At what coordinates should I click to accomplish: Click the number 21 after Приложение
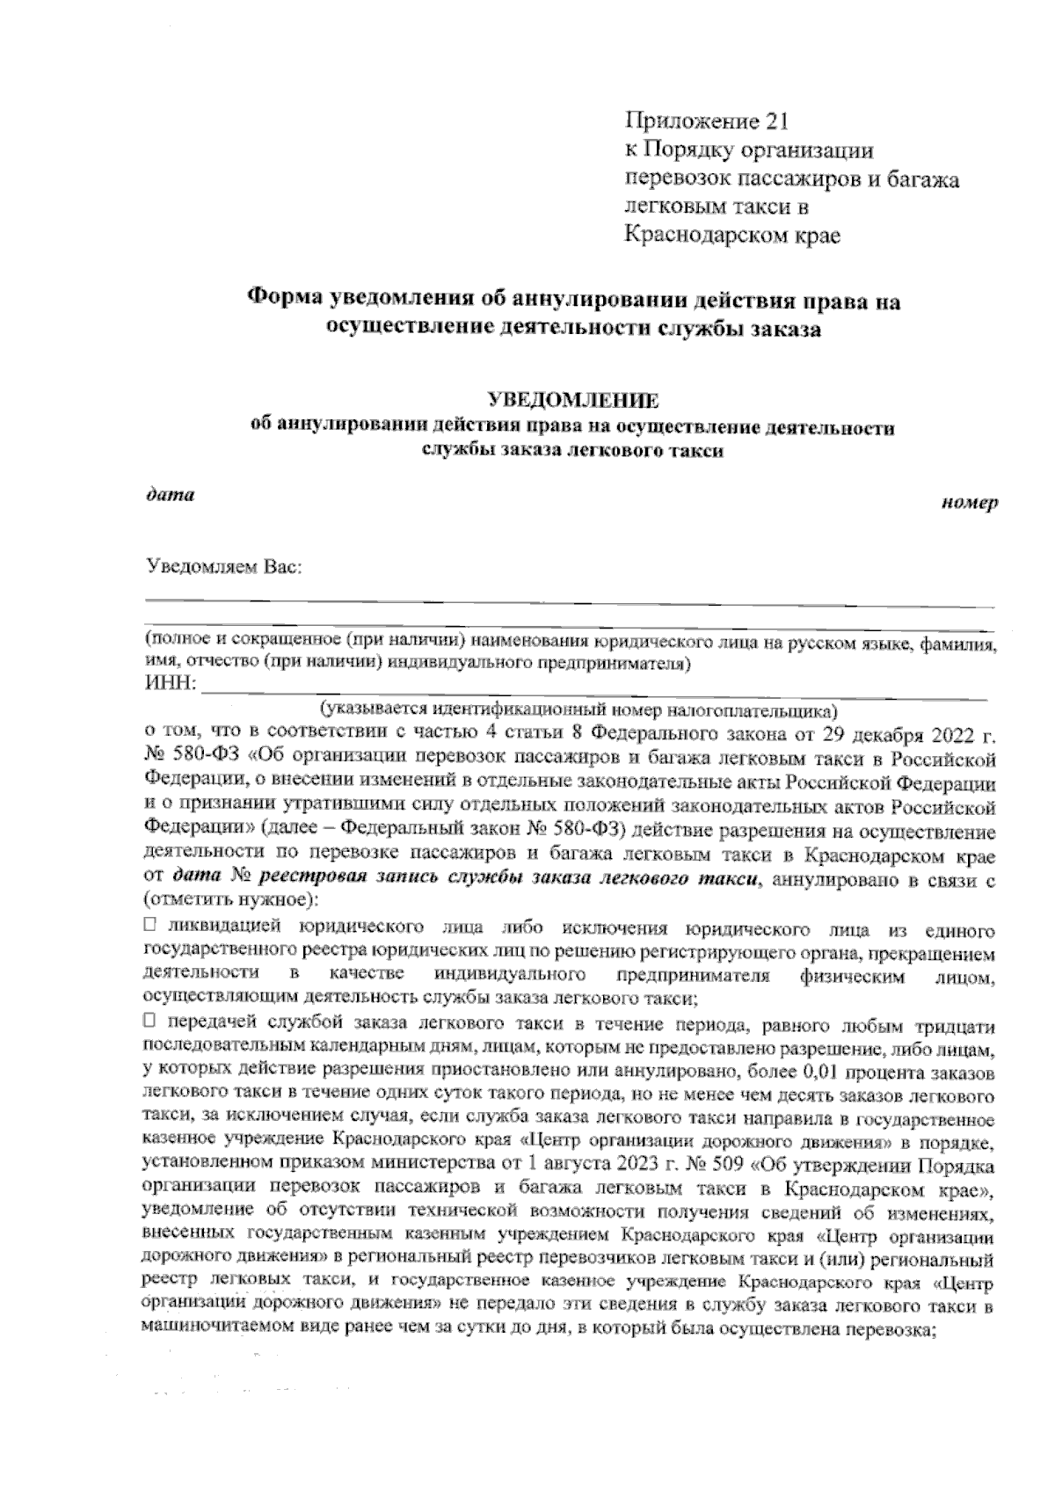[778, 121]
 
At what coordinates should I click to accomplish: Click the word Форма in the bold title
[282, 301]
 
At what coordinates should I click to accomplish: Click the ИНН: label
[171, 685]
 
